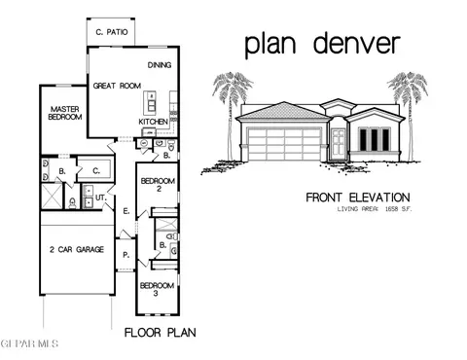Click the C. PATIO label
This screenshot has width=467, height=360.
(x=110, y=32)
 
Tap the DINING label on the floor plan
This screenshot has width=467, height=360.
(x=161, y=65)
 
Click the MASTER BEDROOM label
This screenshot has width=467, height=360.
(x=60, y=112)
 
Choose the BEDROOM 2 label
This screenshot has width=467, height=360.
(x=158, y=186)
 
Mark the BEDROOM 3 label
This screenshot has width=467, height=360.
(x=157, y=290)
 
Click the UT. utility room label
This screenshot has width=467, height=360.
(x=98, y=198)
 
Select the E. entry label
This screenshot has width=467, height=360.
(x=127, y=211)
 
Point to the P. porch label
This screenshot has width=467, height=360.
(x=126, y=255)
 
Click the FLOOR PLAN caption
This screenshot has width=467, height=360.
(x=161, y=333)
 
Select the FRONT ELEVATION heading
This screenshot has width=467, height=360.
(x=351, y=197)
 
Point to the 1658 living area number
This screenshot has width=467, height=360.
(x=392, y=209)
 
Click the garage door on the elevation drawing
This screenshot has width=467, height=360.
(x=283, y=144)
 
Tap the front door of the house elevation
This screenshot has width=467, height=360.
(x=338, y=143)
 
